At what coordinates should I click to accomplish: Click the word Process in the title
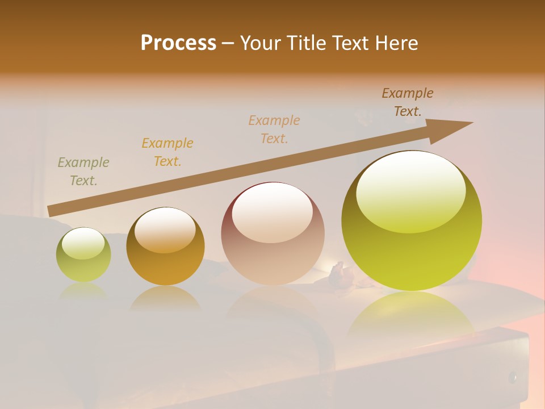(178, 43)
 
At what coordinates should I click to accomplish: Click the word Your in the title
(259, 43)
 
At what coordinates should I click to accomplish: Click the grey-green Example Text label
(83, 172)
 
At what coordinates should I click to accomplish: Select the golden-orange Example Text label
(167, 152)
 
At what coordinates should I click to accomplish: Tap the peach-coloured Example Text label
(274, 130)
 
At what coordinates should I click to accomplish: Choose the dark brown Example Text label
(408, 102)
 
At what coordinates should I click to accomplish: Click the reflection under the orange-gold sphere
(165, 298)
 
